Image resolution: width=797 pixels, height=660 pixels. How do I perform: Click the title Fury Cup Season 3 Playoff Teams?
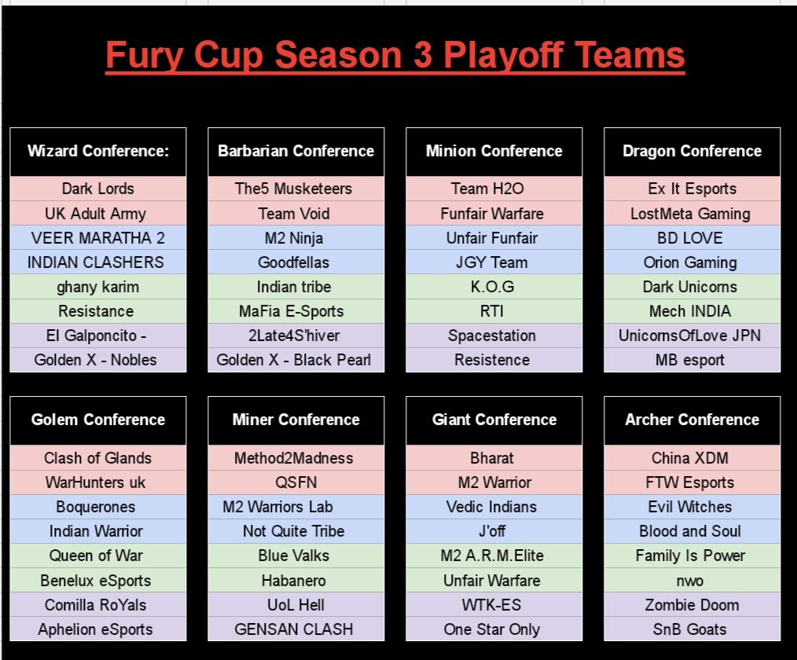coord(395,56)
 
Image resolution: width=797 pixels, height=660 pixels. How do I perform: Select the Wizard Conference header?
coord(98,151)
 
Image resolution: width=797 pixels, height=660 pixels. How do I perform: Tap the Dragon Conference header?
coord(692,151)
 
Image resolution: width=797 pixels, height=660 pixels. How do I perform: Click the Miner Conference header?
coord(296,420)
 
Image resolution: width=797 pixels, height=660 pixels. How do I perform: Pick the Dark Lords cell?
coord(98,189)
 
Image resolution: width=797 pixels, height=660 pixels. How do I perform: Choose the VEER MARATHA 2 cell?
coord(98,238)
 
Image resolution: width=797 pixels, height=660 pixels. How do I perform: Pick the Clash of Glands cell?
coord(97,458)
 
